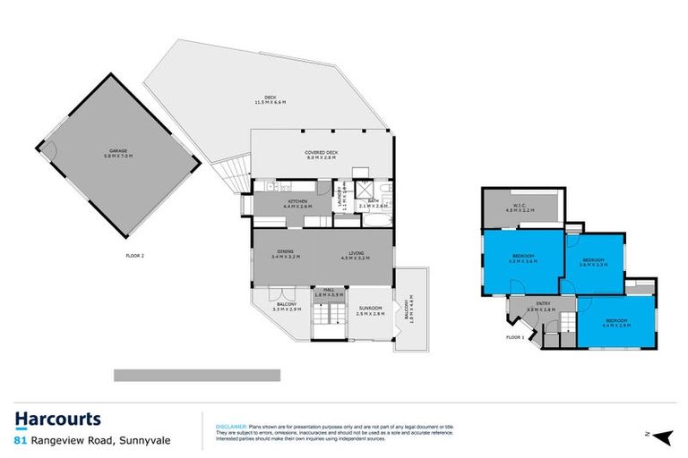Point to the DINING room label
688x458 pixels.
[x=286, y=254]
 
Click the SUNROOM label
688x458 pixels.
[x=370, y=311]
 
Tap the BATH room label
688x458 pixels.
[x=374, y=203]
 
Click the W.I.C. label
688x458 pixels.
[x=520, y=207]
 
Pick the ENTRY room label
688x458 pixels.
[x=544, y=306]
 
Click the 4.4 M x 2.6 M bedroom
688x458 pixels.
[x=618, y=322]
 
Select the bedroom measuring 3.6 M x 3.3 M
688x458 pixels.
[x=593, y=261]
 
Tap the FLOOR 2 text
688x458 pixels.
[x=135, y=255]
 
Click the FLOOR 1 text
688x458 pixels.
[x=514, y=337]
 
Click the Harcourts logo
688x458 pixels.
[x=57, y=419]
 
